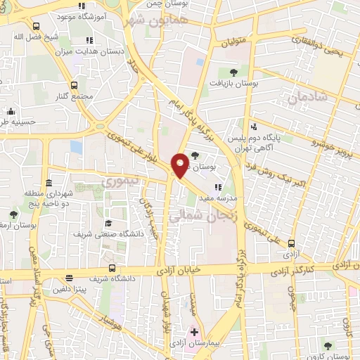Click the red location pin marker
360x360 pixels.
coord(181,164)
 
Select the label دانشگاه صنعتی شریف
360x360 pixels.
coord(108,234)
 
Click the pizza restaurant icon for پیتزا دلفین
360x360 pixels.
coord(69,278)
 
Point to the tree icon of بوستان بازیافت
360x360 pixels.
coord(233,71)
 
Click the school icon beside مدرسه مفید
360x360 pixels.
coord(218,187)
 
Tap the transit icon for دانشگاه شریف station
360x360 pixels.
coord(112,268)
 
